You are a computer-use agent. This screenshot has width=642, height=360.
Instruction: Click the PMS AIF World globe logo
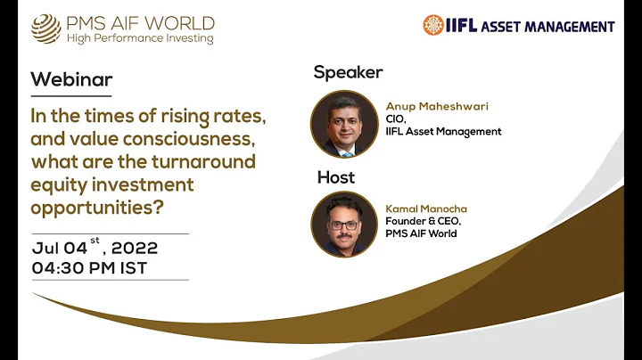(x=46, y=28)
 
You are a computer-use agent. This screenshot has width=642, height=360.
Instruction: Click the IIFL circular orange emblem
(x=433, y=25)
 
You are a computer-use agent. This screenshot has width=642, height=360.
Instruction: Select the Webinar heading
(x=71, y=79)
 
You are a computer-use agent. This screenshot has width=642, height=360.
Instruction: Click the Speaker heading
(x=348, y=72)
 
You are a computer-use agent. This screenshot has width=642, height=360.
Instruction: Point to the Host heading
(x=336, y=177)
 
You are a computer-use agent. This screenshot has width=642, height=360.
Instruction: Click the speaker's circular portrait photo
(x=345, y=124)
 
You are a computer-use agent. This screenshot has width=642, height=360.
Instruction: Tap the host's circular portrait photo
(x=345, y=225)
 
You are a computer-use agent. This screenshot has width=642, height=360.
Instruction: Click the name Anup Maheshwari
(x=437, y=106)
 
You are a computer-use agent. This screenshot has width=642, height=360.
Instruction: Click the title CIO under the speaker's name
(x=395, y=119)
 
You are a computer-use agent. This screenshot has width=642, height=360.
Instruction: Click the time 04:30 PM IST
(x=89, y=266)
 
